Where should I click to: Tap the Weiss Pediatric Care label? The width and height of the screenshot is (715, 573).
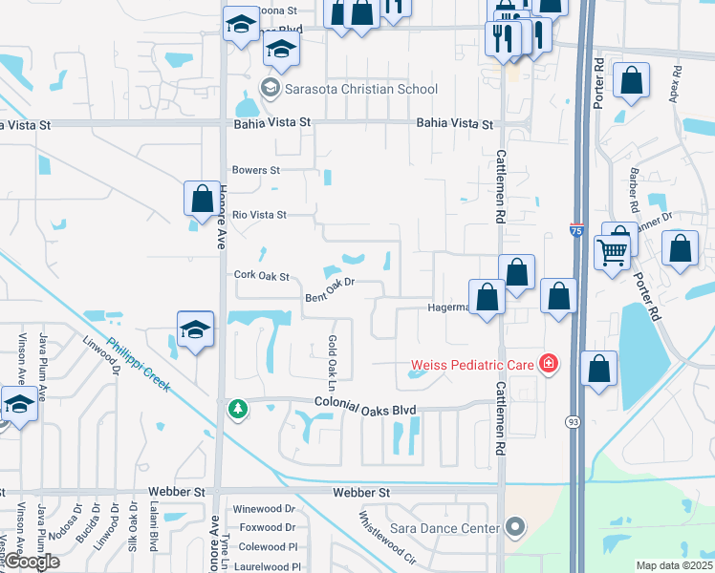coord(473,364)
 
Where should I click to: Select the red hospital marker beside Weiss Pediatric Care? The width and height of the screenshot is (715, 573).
coord(548,363)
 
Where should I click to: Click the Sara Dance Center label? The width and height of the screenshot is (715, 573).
coord(444,527)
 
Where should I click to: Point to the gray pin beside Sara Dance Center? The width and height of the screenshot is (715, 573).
coord(516,527)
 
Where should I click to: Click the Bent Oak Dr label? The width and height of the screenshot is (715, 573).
coord(330,290)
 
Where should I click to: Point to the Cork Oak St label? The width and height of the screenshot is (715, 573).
coord(261,276)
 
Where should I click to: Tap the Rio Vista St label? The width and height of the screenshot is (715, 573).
coord(259,215)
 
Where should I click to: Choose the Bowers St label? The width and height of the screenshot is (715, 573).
coord(256,170)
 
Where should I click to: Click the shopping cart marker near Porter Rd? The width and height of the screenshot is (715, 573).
coord(612,252)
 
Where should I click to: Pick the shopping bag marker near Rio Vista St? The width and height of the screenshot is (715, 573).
coord(202,199)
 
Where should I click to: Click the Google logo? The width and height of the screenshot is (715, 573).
coord(32,562)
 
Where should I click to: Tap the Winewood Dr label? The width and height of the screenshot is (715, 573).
coord(267,508)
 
